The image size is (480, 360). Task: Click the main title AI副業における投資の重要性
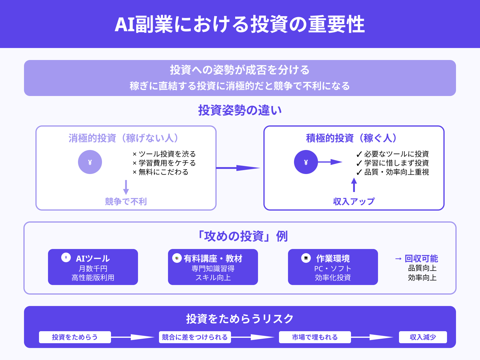click(240, 24)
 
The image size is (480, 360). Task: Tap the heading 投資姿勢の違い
click(240, 110)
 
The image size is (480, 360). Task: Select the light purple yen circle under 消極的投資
click(90, 162)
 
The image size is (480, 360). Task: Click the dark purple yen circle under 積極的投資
click(306, 162)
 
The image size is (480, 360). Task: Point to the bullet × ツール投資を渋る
click(164, 154)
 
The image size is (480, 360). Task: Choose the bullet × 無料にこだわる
click(160, 172)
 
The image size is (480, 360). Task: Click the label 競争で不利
click(126, 201)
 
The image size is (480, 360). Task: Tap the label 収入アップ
click(354, 201)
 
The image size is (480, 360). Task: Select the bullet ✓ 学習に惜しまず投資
click(392, 163)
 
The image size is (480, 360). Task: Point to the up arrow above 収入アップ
click(354, 185)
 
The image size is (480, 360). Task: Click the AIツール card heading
click(93, 258)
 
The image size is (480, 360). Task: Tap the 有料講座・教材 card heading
click(213, 258)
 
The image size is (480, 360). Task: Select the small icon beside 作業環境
click(306, 258)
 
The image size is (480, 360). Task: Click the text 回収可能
click(421, 258)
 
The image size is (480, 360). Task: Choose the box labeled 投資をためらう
click(75, 337)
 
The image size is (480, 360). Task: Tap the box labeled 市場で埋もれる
click(315, 337)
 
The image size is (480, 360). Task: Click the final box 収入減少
click(423, 337)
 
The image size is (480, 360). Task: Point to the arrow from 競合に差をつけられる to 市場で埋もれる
click(255, 337)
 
